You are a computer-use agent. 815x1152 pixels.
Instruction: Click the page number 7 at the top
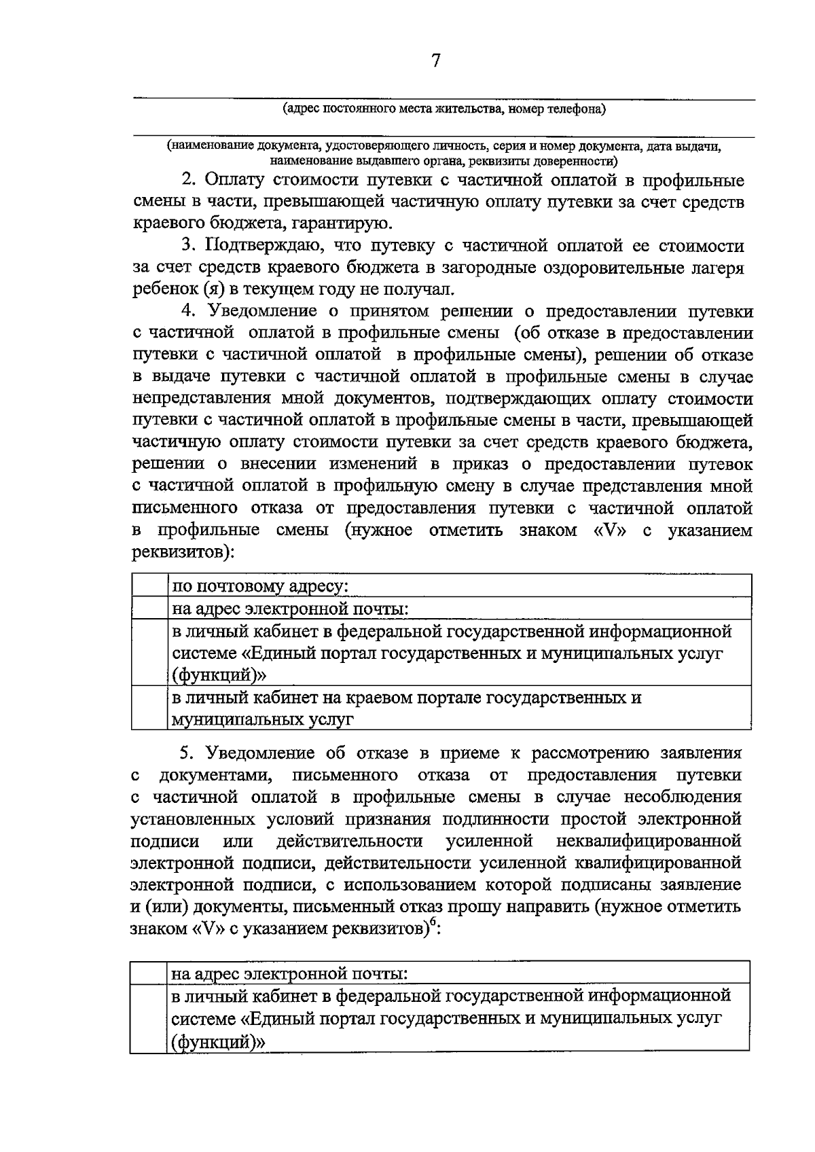coord(435,61)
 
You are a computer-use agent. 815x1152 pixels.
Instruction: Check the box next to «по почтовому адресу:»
coord(149,586)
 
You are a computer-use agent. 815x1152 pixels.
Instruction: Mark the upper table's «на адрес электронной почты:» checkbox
coord(149,608)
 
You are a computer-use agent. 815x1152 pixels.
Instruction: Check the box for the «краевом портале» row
coord(149,708)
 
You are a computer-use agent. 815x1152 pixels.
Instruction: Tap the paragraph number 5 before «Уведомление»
coord(187,753)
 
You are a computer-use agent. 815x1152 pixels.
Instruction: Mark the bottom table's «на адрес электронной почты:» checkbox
coord(149,973)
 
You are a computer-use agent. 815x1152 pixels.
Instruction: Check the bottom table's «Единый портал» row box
coord(149,1018)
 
